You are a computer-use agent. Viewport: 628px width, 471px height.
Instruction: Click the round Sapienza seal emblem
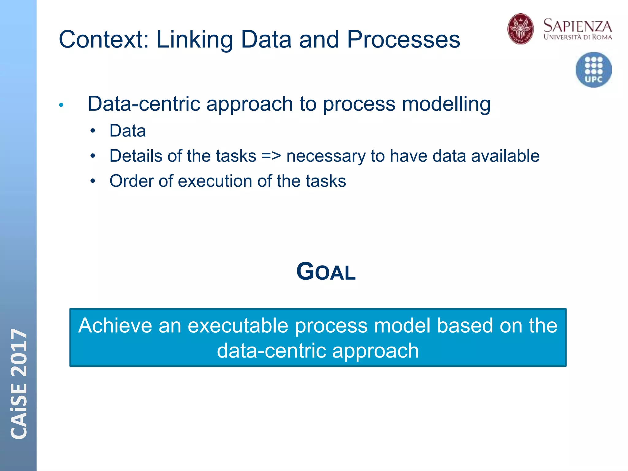pyautogui.click(x=520, y=29)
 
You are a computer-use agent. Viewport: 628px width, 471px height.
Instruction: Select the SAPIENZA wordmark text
pyautogui.click(x=577, y=26)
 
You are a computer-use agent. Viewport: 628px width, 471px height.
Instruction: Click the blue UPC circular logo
pyautogui.click(x=593, y=70)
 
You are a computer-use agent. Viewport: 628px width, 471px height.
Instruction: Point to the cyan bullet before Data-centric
pyautogui.click(x=61, y=105)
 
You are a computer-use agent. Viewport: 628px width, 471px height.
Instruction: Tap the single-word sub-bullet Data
pyautogui.click(x=128, y=131)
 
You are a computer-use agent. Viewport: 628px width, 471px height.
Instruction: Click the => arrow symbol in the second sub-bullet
pyautogui.click(x=271, y=156)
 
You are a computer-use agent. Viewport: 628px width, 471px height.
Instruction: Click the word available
pyautogui.click(x=505, y=156)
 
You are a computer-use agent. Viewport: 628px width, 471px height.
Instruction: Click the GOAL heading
pyautogui.click(x=326, y=272)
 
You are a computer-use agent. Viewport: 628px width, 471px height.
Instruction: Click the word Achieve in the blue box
pyautogui.click(x=115, y=326)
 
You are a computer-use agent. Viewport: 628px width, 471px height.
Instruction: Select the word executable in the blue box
pyautogui.click(x=238, y=326)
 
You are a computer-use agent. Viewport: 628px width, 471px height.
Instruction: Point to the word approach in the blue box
pyautogui.click(x=375, y=351)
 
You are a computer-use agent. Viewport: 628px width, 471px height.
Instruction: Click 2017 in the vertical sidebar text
pyautogui.click(x=19, y=352)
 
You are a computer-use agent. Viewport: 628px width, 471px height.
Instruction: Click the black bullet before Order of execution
pyautogui.click(x=93, y=181)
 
